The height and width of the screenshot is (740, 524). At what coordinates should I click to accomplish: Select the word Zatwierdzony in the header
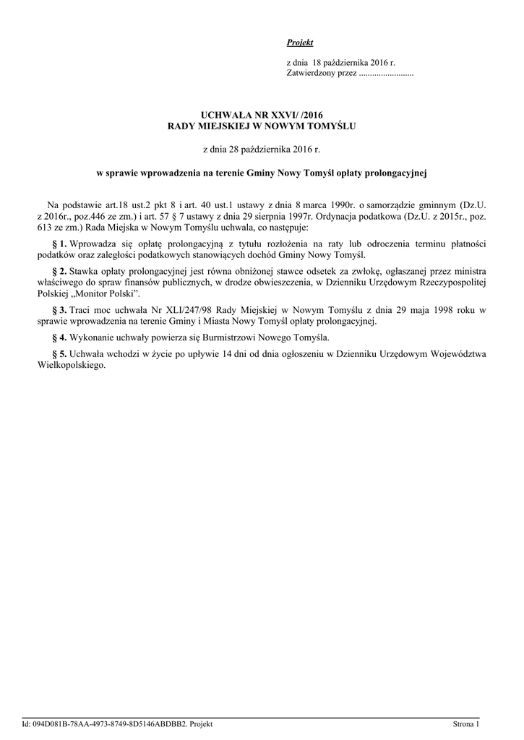pos(310,74)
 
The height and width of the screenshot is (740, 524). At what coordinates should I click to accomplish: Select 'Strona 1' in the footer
pos(465,724)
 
